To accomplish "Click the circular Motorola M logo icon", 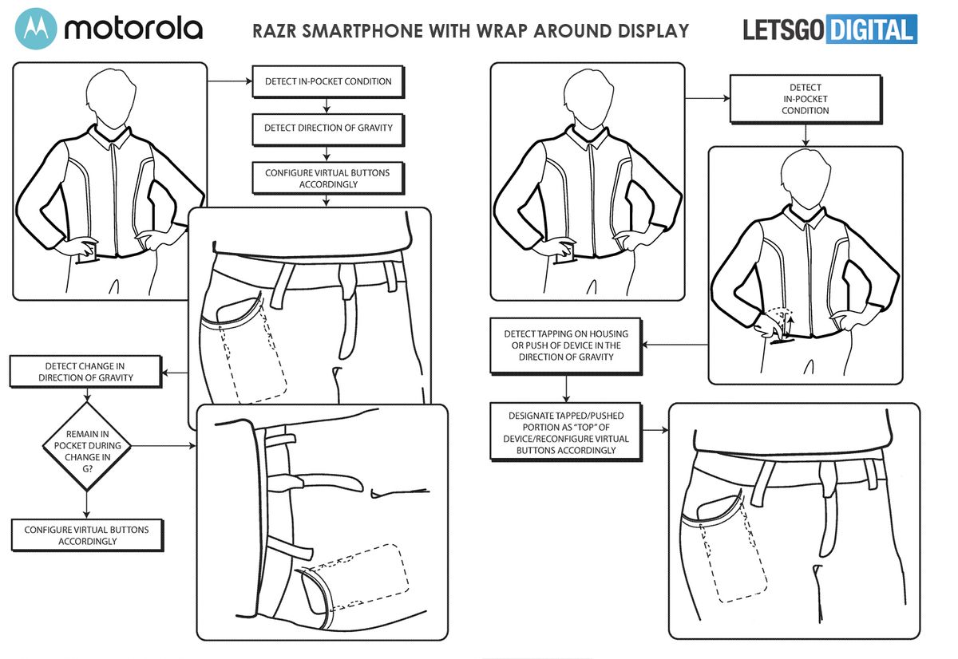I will (x=36, y=30).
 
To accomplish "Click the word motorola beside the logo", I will (x=133, y=30).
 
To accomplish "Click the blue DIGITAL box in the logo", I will (x=871, y=30).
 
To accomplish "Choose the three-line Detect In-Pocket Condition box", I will (x=805, y=99).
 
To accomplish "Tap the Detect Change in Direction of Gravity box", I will (x=85, y=372).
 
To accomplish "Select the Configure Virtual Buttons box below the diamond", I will (x=86, y=535).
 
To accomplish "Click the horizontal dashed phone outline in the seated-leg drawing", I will (x=359, y=573).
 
